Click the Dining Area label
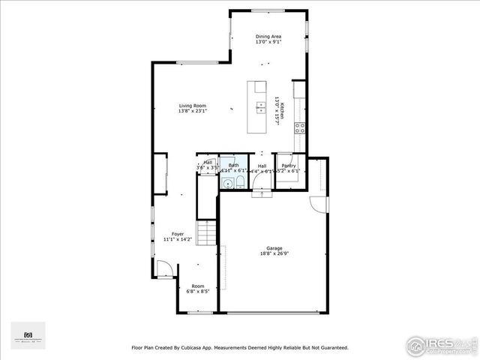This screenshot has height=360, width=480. [x=268, y=36]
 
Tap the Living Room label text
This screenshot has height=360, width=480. [x=192, y=106]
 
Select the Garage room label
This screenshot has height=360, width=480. [x=273, y=248]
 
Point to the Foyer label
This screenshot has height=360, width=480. [x=178, y=234]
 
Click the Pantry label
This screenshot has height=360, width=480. [x=288, y=166]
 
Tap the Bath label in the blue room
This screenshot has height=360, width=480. [x=233, y=165]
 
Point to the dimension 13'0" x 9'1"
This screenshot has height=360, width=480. [x=268, y=42]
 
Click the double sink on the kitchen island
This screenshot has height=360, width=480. [x=260, y=106]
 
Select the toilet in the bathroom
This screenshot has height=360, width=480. [x=238, y=182]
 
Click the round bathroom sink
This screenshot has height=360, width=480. [x=226, y=182]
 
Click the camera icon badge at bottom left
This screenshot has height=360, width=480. [x=28, y=335]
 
